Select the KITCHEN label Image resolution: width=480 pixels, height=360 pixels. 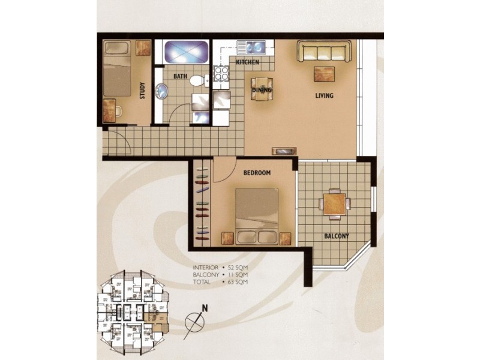click(x=247, y=62)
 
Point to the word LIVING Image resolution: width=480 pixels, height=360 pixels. click(x=325, y=96)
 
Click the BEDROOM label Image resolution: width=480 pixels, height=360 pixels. click(x=257, y=173)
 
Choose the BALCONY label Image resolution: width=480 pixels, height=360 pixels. click(x=336, y=236)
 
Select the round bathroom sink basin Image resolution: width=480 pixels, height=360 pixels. click(x=162, y=92)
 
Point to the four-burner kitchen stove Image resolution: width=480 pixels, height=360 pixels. click(x=221, y=73)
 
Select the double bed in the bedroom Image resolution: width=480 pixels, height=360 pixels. click(x=257, y=215)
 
